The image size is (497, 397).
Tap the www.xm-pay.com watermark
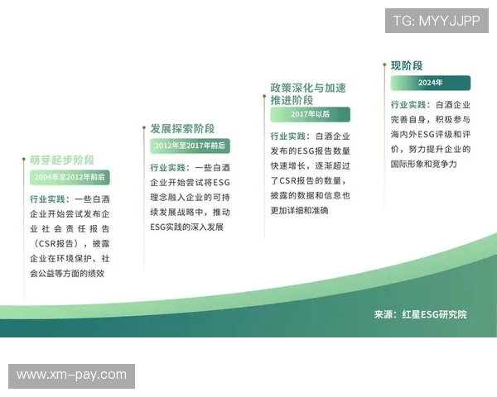72,375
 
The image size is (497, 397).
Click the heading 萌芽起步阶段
62,160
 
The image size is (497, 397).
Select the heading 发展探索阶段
182,128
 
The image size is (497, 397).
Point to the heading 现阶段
407,65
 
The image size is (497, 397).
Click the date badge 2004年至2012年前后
70,177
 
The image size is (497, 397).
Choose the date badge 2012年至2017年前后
190,146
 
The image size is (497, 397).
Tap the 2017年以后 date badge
310,114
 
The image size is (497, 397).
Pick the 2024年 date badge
430,83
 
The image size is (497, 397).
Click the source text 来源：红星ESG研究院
420,314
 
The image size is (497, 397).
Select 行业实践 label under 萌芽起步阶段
49,198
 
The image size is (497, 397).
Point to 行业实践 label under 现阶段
410,105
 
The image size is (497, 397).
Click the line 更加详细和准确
299,211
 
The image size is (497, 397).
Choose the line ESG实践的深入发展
186,227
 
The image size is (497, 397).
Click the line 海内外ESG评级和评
430,135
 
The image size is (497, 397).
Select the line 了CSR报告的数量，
310,181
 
